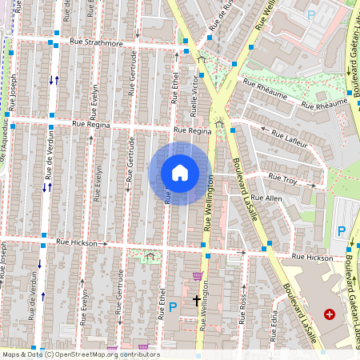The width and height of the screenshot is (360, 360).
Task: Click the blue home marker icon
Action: (180, 173)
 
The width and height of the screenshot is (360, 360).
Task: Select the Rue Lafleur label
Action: (290, 140)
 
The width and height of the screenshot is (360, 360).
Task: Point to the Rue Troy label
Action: (283, 177)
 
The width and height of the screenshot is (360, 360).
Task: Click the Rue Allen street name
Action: (266, 197)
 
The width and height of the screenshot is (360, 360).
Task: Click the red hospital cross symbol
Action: (329, 314)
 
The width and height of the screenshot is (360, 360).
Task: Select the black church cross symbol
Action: (197, 301)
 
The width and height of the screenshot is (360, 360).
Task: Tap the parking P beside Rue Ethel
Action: (172, 306)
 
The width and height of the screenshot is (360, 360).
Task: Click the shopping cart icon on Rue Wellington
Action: (198, 276)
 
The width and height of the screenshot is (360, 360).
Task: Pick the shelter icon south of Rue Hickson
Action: (150, 257)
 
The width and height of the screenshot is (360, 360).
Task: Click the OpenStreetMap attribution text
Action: (80, 354)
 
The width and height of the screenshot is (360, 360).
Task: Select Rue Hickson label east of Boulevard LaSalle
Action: (312, 258)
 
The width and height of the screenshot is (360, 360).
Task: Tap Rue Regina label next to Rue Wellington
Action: (192, 130)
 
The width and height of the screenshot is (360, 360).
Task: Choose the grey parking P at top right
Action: (310, 14)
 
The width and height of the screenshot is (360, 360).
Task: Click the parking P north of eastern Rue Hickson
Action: (341, 231)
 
